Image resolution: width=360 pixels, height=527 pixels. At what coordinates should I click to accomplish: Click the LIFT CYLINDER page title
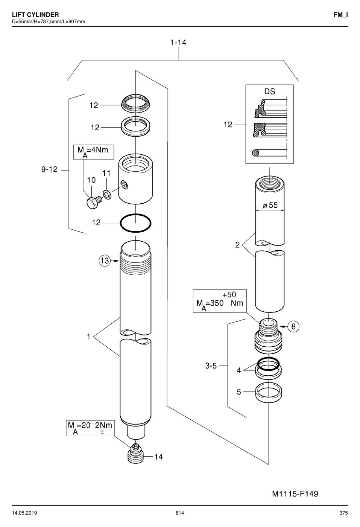coord(35,15)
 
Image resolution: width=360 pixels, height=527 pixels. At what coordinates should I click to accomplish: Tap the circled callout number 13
coord(105,260)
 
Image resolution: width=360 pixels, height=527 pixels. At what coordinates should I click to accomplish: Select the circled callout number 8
coord(293,327)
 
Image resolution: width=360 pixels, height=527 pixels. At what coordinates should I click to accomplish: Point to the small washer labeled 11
coord(107,194)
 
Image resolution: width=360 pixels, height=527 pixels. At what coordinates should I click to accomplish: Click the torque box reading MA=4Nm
coord(94,152)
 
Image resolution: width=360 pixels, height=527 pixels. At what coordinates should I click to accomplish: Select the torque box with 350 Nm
coord(220,301)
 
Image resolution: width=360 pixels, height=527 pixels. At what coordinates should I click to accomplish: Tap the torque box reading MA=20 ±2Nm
coord(90,428)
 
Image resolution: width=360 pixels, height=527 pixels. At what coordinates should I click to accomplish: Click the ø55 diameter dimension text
coord(270,206)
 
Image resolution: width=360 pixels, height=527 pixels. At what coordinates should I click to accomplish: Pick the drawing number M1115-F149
coord(295,493)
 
